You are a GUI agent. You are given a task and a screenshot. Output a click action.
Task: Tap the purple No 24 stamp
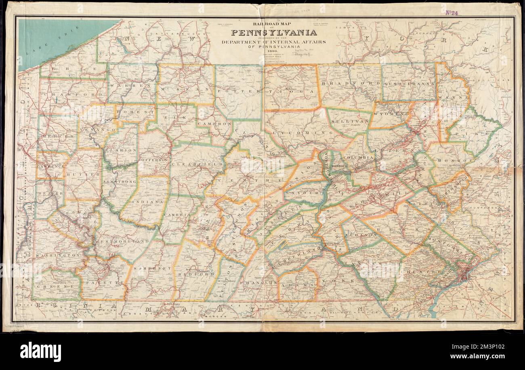click(451, 13)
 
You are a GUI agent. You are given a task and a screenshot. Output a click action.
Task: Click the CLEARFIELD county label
click(197, 164)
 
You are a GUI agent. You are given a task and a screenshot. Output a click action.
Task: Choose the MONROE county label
click(459, 160)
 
